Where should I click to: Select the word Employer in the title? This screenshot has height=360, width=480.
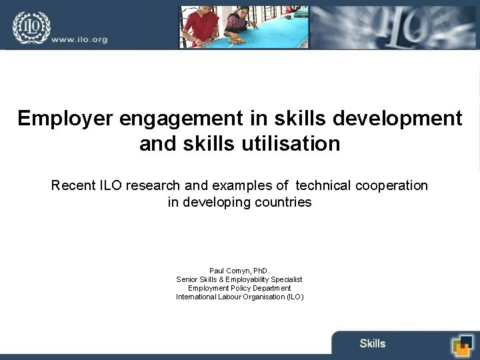(x=65, y=118)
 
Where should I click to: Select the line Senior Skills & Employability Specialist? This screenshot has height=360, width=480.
(x=239, y=279)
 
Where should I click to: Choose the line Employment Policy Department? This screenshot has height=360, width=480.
(x=239, y=288)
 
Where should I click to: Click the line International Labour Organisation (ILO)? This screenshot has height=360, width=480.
(x=239, y=297)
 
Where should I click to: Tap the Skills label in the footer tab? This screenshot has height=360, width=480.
(x=372, y=343)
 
